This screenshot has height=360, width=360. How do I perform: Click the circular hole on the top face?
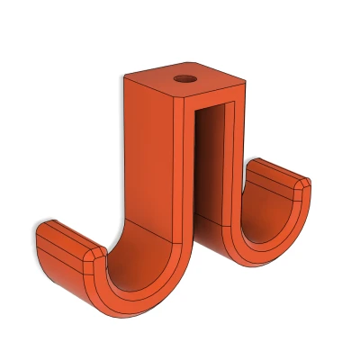coord(185,78)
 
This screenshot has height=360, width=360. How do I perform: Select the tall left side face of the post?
coord(148,153)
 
